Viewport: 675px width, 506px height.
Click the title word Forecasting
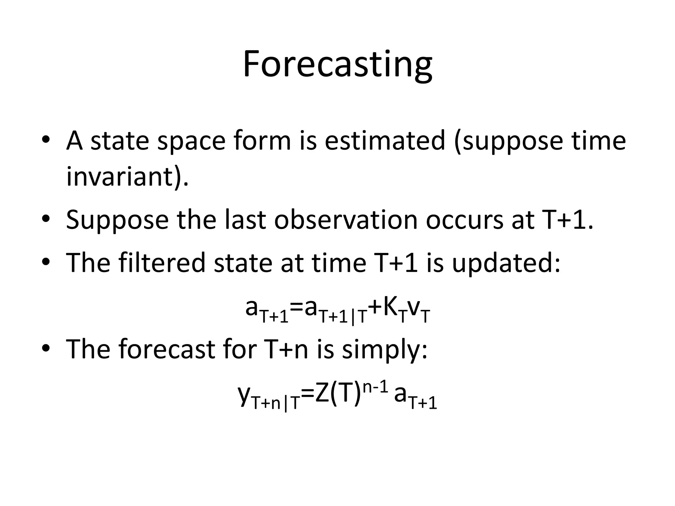[x=337, y=64]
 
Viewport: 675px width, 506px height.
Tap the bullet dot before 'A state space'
[x=46, y=140]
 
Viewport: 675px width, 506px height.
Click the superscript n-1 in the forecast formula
[x=374, y=388]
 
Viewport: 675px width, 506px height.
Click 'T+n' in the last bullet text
[x=286, y=349]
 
